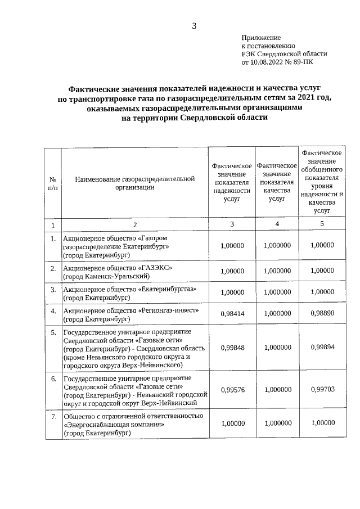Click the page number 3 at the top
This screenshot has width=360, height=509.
click(193, 26)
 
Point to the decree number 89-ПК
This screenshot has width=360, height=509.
click(303, 63)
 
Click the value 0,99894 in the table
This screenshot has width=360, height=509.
click(322, 348)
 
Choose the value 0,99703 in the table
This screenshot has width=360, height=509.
click(322, 389)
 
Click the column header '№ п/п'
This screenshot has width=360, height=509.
click(52, 183)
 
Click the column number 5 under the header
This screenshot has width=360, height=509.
click(322, 224)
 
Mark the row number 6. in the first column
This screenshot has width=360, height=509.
click(53, 379)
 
